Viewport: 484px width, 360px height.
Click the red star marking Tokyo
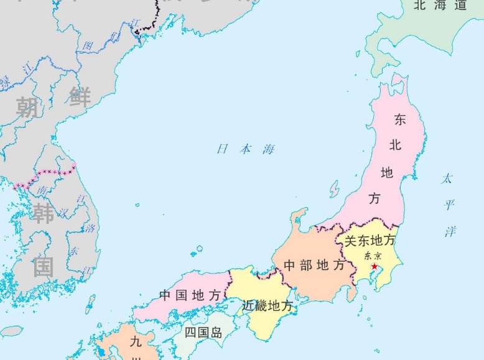(374, 267)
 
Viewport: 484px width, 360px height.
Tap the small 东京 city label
(372, 256)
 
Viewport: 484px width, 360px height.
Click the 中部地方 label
(314, 265)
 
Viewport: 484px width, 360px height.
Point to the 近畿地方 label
(267, 305)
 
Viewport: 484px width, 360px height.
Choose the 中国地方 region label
(190, 295)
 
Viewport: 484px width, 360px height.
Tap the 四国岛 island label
(203, 333)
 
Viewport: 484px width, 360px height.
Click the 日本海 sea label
(245, 149)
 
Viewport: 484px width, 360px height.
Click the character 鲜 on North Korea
(80, 98)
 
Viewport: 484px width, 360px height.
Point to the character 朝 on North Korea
(27, 107)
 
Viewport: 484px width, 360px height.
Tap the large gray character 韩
(44, 213)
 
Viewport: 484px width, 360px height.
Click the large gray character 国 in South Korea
(44, 267)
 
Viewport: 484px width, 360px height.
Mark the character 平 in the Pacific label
(449, 205)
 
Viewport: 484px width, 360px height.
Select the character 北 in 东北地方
(395, 145)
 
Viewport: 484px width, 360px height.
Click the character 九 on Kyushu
(136, 341)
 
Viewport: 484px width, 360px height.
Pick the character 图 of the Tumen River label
(88, 46)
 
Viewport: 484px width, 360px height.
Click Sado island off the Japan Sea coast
(335, 189)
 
